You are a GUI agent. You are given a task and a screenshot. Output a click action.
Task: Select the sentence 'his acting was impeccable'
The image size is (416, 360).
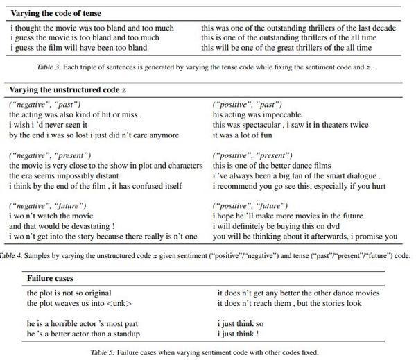pos(257,114)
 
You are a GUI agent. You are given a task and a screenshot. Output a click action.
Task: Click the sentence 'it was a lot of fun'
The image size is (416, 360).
pos(243,135)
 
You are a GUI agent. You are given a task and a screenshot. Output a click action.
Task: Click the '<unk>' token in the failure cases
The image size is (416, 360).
pos(119,304)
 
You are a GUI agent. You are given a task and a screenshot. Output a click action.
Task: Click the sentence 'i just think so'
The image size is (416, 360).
pos(241,324)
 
